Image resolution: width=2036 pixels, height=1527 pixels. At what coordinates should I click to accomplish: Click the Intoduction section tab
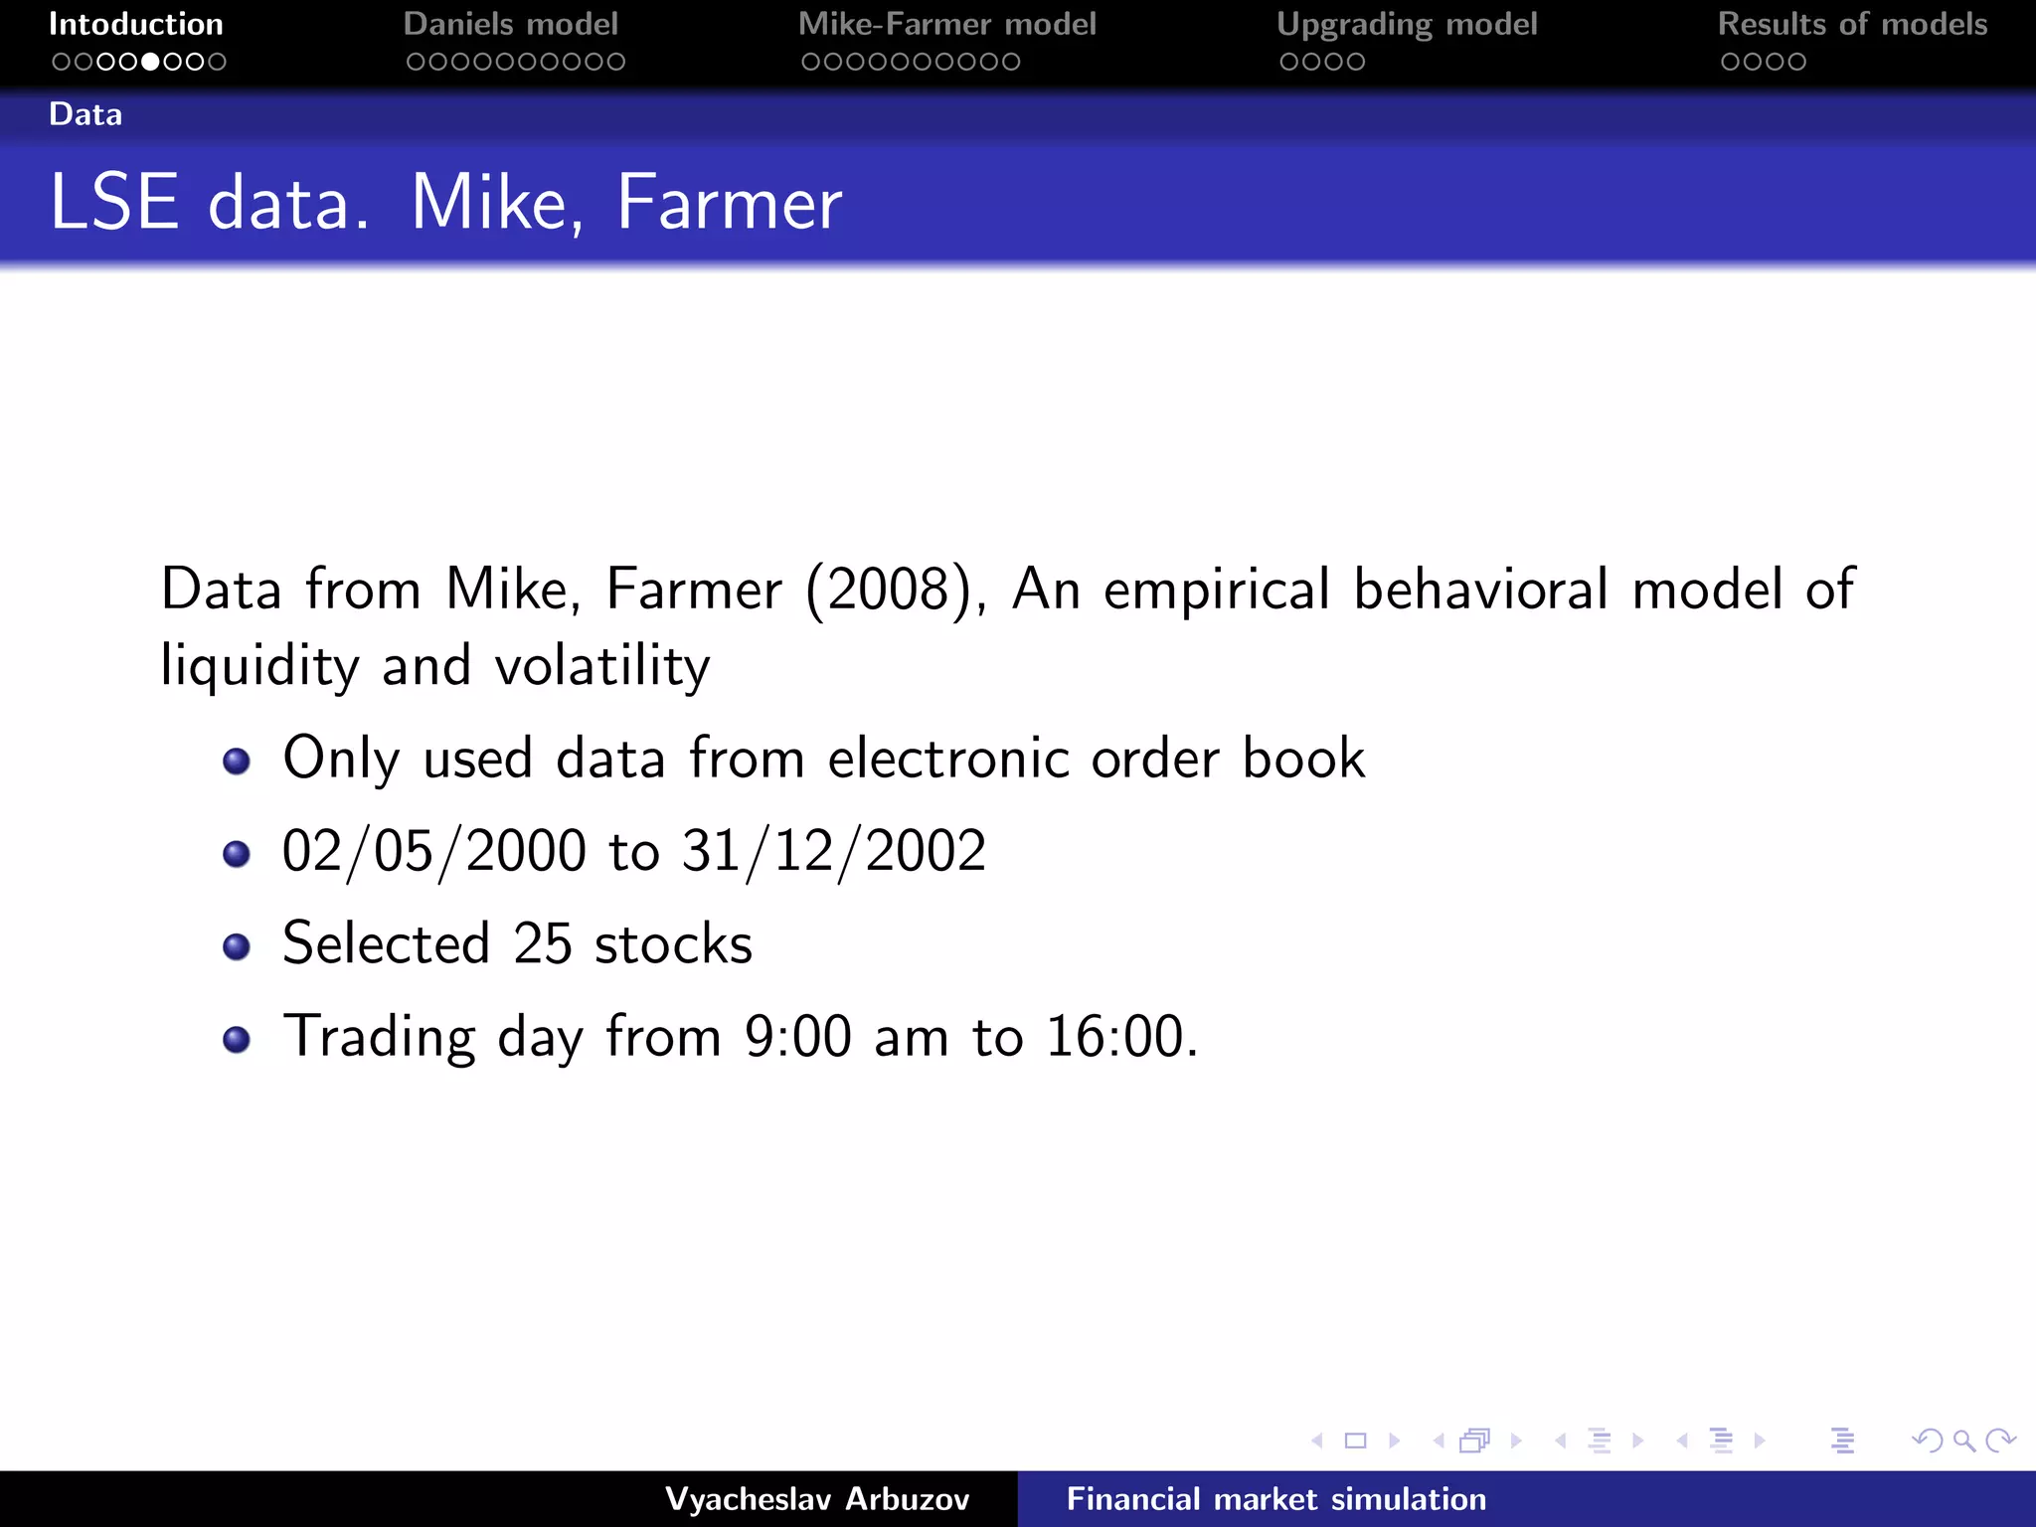tap(136, 24)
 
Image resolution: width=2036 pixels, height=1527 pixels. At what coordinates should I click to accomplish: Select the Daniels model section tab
tap(511, 24)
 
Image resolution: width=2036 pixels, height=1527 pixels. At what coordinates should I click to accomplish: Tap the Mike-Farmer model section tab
tap(946, 24)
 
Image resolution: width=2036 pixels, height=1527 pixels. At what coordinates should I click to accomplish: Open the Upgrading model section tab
tap(1407, 24)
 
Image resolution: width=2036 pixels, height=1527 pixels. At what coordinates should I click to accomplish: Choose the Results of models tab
tap(1852, 24)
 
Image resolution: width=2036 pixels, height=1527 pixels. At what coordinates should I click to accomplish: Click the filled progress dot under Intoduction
tap(150, 62)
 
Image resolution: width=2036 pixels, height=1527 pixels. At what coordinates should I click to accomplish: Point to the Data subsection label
tap(85, 114)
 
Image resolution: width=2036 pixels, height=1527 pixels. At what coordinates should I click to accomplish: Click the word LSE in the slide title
tap(114, 203)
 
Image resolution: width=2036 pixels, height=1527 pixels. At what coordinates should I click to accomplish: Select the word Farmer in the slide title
tap(729, 203)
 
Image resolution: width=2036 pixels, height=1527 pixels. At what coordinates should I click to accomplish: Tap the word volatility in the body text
tap(602, 666)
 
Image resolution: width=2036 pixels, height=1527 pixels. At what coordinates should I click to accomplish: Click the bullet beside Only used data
tap(237, 762)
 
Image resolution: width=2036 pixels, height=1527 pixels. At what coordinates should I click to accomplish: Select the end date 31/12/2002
tap(834, 852)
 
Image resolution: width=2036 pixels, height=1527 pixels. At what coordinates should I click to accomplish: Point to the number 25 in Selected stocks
tap(543, 943)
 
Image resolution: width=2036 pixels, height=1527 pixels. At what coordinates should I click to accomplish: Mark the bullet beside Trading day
tap(237, 1040)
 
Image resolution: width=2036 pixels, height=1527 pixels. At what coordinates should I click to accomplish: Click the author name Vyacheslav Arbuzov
tap(817, 1499)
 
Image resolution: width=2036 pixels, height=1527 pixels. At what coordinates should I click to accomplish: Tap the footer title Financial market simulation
tap(1275, 1499)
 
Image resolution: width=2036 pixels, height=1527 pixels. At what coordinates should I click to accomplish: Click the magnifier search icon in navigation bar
tap(1963, 1441)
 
